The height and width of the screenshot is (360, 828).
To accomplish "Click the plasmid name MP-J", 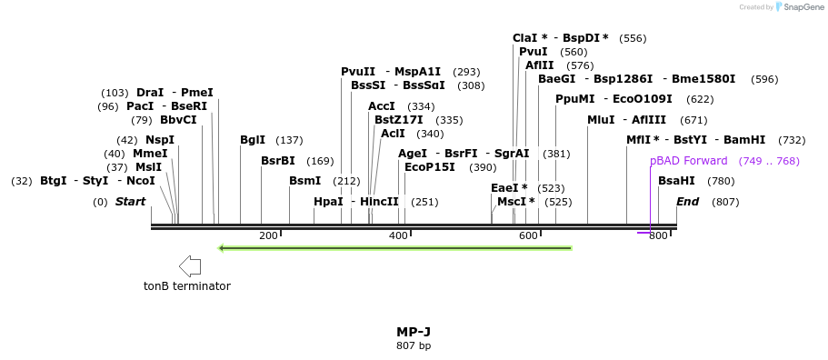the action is (x=414, y=332).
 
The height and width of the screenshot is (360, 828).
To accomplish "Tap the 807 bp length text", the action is (x=414, y=346).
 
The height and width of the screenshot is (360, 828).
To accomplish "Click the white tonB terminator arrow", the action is (x=190, y=266).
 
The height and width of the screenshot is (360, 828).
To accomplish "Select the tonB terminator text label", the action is (x=187, y=286).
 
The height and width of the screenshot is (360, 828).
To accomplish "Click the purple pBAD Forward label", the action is (x=689, y=161).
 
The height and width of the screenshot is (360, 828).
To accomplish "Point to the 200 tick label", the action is (x=268, y=236).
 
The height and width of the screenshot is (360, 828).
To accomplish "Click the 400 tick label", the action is (x=398, y=236).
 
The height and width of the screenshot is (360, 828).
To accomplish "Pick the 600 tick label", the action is (x=528, y=236).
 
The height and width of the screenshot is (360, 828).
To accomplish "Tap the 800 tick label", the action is (x=658, y=236).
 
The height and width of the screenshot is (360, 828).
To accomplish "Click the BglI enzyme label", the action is (x=253, y=140).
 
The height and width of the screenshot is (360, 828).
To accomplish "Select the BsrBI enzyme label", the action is (x=278, y=161).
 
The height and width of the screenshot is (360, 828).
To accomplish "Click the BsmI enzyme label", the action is (x=305, y=181).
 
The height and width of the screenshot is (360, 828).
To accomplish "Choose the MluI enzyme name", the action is (x=601, y=120).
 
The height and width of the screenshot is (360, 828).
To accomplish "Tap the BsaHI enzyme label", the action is (x=676, y=181).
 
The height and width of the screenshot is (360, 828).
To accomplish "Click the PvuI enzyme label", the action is (x=534, y=52).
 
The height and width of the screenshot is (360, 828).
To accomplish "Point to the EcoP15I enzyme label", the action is (x=432, y=167).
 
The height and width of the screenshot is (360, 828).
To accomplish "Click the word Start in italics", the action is (x=130, y=202).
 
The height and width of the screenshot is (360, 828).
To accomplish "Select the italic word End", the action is (x=687, y=202).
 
